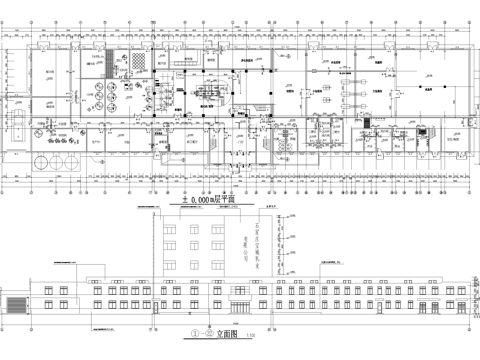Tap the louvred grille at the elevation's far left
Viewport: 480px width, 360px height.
17,303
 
